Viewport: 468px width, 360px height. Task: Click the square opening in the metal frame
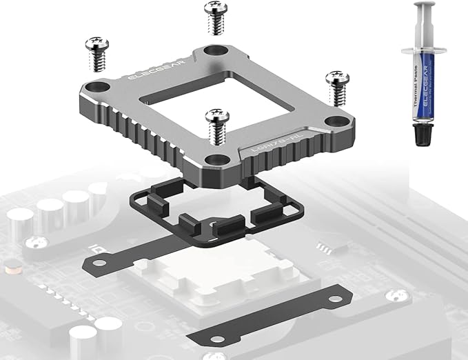tap(207, 99)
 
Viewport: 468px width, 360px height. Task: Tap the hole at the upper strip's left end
tap(96, 258)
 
